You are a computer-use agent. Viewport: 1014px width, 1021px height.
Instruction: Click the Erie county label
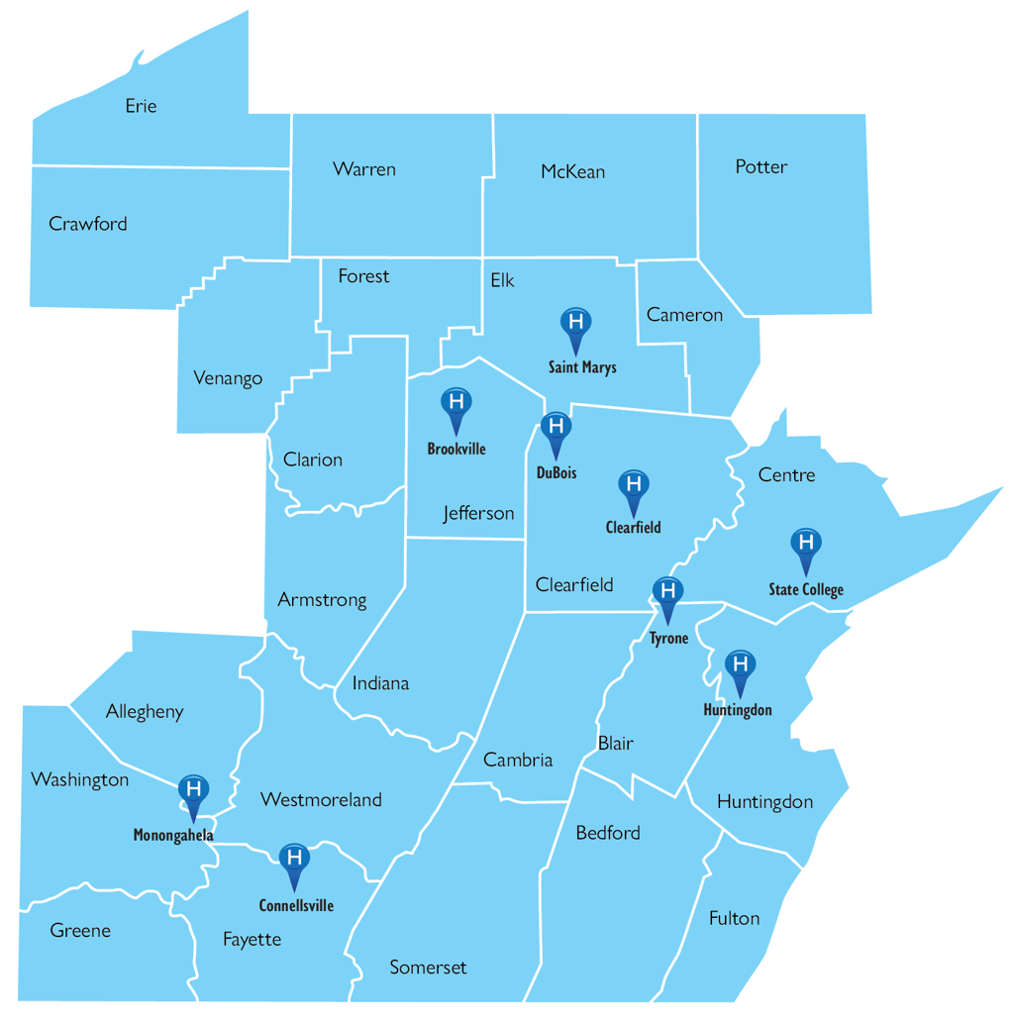141,106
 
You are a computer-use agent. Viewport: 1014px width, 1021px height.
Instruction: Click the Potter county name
761,166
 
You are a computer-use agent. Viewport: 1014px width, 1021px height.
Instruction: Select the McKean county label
572,171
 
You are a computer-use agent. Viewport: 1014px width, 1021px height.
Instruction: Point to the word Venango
228,378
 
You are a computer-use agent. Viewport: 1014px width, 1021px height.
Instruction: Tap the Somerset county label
428,968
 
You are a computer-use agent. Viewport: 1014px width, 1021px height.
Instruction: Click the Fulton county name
735,918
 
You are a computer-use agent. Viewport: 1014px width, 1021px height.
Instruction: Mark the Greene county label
80,931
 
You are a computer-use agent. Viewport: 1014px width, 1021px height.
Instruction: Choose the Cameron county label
684,315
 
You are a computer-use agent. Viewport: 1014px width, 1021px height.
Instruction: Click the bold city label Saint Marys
582,367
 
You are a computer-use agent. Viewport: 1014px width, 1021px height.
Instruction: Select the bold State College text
806,590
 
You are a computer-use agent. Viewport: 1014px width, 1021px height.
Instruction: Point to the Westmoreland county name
321,799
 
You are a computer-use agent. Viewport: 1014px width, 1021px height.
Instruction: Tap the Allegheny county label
145,711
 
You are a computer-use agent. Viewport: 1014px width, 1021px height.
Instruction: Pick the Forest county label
363,275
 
